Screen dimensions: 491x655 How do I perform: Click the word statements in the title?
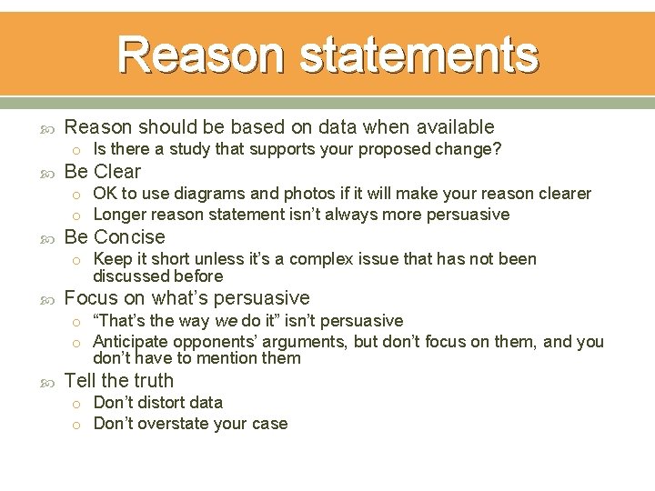tap(418, 55)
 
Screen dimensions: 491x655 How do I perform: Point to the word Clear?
tap(117, 172)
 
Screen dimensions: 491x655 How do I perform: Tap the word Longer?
tap(120, 215)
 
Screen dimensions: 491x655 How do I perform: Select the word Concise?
tap(129, 237)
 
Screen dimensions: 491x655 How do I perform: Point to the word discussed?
tap(128, 276)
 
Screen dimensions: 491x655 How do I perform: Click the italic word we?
tap(224, 321)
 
